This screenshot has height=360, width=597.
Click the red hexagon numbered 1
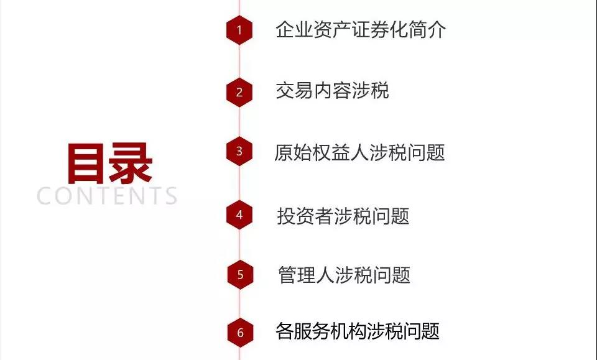[239, 30]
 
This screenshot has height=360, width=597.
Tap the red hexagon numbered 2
[239, 92]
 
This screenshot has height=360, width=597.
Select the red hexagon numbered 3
[239, 152]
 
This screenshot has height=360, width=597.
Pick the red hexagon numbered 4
[239, 215]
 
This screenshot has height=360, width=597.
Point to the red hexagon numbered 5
[240, 274]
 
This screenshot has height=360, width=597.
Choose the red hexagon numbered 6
[240, 333]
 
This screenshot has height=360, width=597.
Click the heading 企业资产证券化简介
[361, 29]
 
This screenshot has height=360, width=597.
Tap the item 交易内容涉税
[332, 91]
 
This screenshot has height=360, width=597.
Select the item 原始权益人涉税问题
[359, 152]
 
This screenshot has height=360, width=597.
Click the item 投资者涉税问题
[343, 216]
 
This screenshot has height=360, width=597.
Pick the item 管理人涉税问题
[344, 275]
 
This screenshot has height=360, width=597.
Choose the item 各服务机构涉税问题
[358, 331]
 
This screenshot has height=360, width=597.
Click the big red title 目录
[109, 164]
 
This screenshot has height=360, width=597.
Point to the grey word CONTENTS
[107, 196]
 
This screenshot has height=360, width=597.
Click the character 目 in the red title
[86, 164]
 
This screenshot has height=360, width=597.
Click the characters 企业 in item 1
[294, 29]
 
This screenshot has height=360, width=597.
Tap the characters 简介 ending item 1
[427, 29]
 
